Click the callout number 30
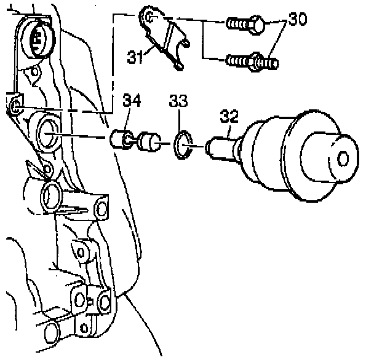tap(297, 19)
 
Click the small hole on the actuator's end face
tap(343, 158)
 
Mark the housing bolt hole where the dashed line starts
tap(14, 108)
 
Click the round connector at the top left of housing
tap(35, 39)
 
